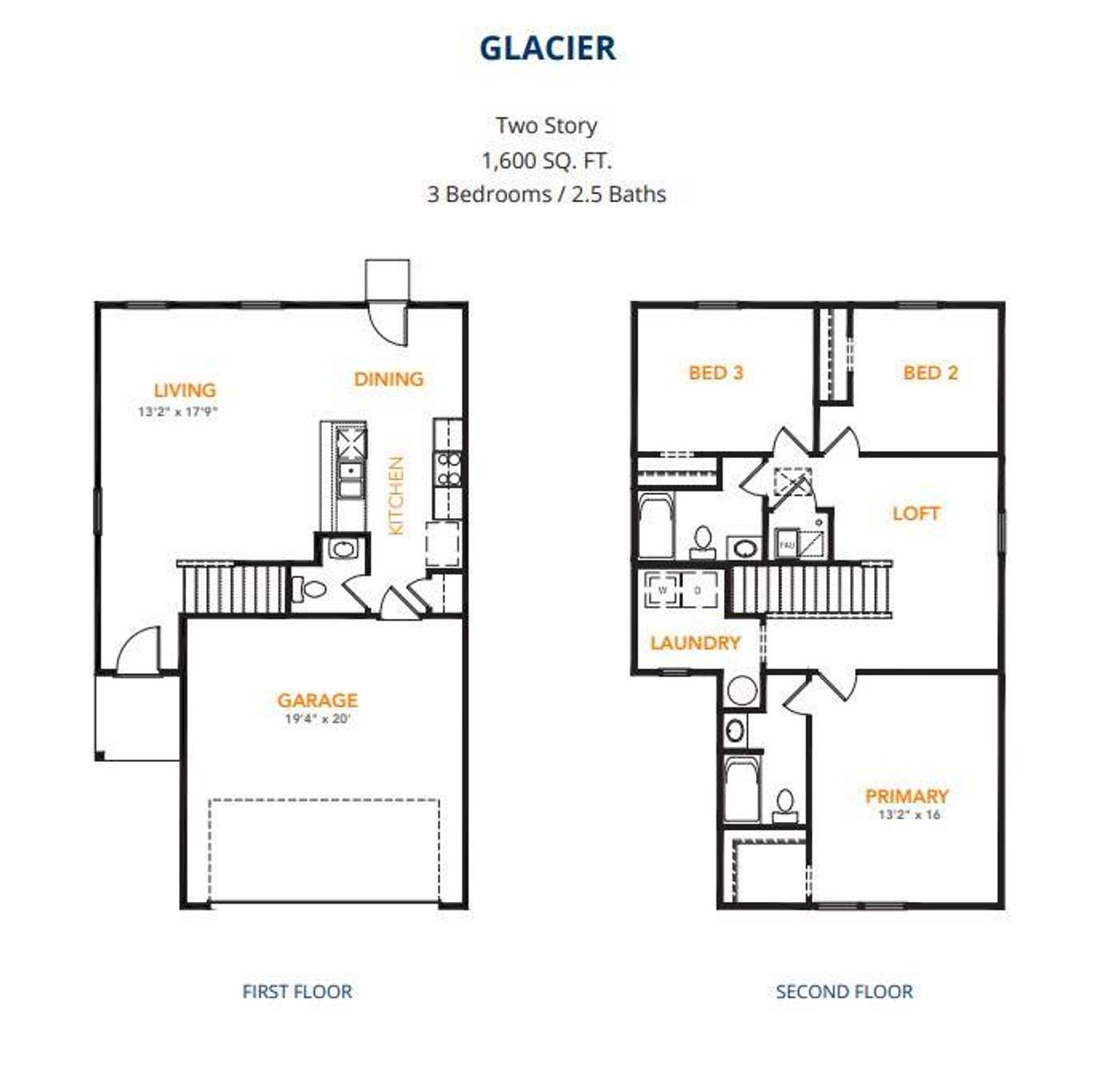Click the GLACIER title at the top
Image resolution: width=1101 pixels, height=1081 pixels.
(547, 48)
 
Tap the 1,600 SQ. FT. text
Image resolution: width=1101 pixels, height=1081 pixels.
(547, 160)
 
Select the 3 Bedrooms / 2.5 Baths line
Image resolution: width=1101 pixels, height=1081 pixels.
(547, 195)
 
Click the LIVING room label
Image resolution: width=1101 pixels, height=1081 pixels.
(184, 390)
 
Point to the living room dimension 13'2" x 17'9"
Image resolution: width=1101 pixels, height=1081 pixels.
(178, 411)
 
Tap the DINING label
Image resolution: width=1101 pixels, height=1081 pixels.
(389, 379)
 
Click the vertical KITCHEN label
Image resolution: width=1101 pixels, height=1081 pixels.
(396, 496)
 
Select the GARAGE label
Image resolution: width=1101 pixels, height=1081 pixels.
(317, 700)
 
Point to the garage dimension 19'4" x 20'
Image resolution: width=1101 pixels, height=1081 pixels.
(317, 719)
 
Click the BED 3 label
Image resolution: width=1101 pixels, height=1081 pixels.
(716, 373)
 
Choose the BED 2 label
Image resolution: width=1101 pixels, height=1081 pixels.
(930, 373)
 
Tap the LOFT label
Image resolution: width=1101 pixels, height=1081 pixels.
(915, 514)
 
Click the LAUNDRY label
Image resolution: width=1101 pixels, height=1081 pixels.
(695, 643)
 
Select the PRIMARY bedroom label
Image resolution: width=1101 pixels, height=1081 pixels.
(907, 796)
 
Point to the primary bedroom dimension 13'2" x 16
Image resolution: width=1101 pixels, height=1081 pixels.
(908, 815)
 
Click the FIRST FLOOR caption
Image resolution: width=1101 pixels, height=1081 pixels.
(297, 991)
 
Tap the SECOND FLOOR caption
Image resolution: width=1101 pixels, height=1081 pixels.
(844, 991)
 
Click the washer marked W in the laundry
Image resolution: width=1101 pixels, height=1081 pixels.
(663, 590)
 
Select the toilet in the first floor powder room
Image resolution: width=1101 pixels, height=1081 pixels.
(311, 590)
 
